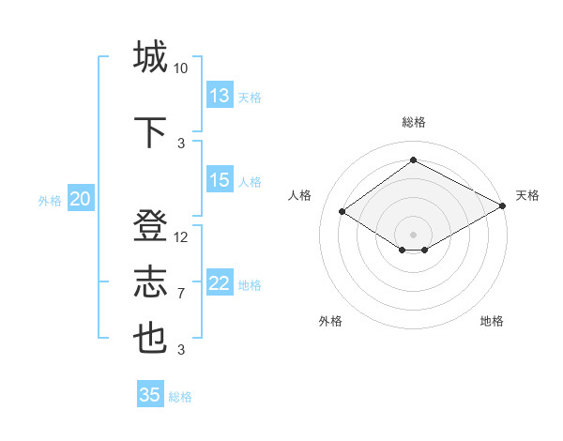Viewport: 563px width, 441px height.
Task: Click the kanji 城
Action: coord(151,56)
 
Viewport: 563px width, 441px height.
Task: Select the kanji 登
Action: coord(151,228)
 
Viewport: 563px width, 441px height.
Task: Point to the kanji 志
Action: coord(151,282)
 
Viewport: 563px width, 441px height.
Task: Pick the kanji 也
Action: coord(151,338)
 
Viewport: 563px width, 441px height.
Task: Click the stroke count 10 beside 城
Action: coord(181,68)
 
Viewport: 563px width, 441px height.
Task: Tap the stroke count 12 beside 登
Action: coord(181,237)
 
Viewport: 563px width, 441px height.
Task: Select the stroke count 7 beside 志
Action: coord(181,294)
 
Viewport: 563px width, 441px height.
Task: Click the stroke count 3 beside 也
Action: coord(181,350)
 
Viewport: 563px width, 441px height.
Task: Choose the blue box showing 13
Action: coord(220,96)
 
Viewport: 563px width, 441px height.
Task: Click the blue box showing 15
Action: coord(220,180)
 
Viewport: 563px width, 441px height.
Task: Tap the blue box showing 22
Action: coord(220,283)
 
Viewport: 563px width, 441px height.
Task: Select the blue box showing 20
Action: coord(81,199)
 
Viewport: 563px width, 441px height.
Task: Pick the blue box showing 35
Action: coord(150,395)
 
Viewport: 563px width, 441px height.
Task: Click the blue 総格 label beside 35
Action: coord(180,397)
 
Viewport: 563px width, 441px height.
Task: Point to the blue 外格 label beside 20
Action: coord(50,201)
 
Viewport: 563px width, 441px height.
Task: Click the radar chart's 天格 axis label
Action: coord(528,195)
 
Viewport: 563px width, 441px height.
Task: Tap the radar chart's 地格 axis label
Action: coord(492,321)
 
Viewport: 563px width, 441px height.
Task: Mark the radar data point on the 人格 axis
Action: coord(342,212)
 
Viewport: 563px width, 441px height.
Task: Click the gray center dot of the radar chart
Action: coord(413,233)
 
